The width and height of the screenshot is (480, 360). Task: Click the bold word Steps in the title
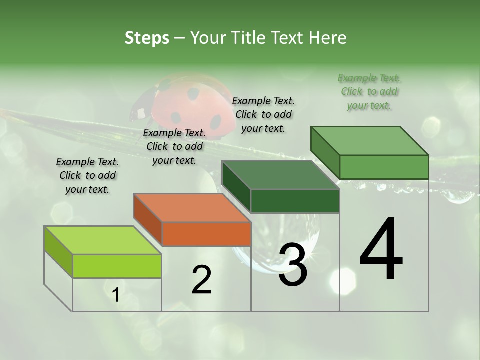tap(147, 38)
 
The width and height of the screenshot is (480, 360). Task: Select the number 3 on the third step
tap(293, 265)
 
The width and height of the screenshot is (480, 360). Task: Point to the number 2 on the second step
tap(201, 280)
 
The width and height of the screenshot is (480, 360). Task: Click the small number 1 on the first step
tap(116, 295)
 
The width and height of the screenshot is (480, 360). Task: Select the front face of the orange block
tap(206, 234)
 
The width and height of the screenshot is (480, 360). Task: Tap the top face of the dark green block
tap(280, 175)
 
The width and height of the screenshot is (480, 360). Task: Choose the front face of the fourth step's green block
tap(384, 167)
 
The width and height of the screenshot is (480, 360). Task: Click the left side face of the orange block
tap(148, 219)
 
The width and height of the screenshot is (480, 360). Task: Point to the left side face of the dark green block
tap(236, 186)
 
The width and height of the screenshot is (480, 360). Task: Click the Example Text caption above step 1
tap(87, 175)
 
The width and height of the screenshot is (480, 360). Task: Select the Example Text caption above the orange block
tap(174, 146)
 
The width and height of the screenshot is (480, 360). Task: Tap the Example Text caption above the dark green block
tap(263, 114)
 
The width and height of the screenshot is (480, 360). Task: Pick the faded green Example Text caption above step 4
tap(369, 91)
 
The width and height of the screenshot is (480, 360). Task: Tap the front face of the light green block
tap(117, 266)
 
